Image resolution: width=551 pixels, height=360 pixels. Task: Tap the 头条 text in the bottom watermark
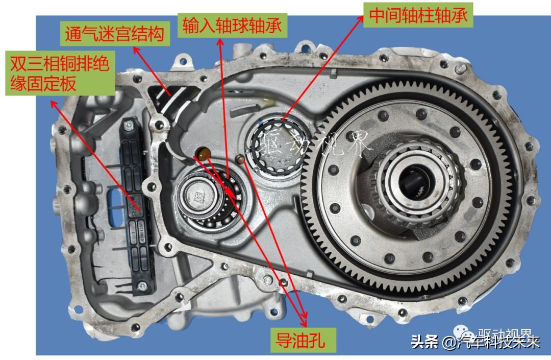click(424, 341)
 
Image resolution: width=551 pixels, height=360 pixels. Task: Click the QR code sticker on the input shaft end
click(197, 196)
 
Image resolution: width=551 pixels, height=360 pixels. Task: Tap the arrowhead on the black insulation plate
click(140, 208)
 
